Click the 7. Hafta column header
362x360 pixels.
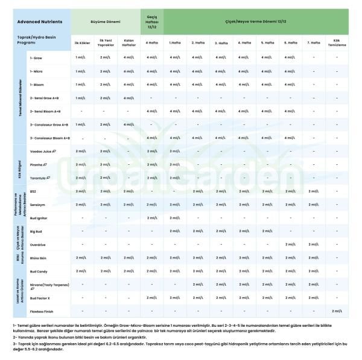313,43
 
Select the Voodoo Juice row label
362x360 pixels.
42,151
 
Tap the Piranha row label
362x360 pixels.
38,164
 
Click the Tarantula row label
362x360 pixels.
40,178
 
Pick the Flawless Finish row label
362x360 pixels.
42,312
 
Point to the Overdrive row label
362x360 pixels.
38,245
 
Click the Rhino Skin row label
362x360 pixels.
39,258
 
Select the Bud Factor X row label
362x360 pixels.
40,298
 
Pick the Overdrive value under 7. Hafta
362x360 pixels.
313,245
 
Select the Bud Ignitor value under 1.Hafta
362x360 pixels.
175,218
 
